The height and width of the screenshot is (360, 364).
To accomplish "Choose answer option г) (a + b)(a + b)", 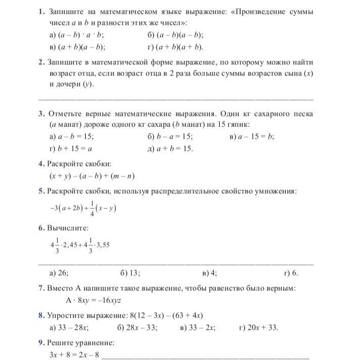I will (x=175, y=48).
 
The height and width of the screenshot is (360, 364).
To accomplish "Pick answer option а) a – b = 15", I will (x=71, y=137).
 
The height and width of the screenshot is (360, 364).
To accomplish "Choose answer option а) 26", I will (x=59, y=273).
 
